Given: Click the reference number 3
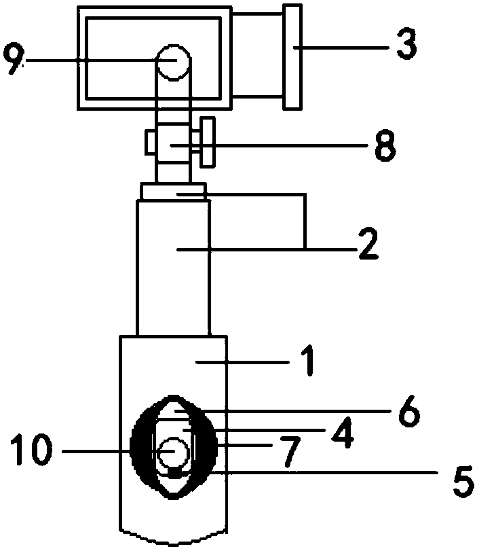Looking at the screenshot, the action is coord(406,44).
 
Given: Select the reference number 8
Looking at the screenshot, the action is coord(385,145).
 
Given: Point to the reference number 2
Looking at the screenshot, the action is coord(368,245).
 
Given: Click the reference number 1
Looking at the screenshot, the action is coord(309,360).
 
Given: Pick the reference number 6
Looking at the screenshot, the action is coord(408,410).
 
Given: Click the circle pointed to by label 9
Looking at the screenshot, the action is coord(174,63).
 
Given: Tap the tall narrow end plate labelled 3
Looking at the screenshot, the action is coord(292,57).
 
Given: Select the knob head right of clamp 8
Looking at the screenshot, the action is coord(208,142).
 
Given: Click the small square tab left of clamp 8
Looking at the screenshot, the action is coord(151,143).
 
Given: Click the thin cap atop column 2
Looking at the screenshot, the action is coord(173,191).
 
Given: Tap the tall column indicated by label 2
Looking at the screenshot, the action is coord(174,268).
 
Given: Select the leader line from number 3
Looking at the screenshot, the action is coord(341,48).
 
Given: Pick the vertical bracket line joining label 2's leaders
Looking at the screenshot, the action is coord(306,221).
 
